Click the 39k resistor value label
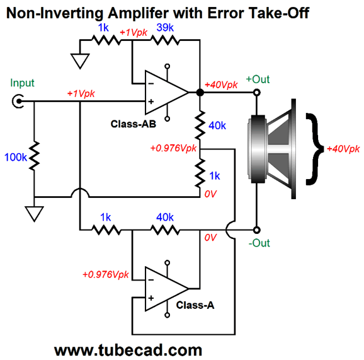point(165,28)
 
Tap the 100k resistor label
point(16,158)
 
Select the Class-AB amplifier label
point(134,124)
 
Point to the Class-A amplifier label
point(195,305)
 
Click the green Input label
point(22,83)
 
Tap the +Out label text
point(258,79)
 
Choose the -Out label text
point(259,243)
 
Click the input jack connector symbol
point(18,101)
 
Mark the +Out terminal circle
point(256,93)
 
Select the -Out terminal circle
point(256,230)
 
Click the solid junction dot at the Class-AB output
point(200,93)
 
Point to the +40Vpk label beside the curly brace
point(343,149)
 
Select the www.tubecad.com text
point(128,350)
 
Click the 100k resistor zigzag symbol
point(34,155)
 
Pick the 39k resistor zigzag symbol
point(165,40)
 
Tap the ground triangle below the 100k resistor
point(35,214)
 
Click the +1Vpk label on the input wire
point(81,93)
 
